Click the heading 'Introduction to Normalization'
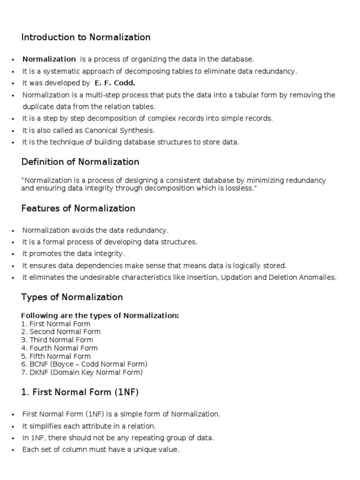click(86, 37)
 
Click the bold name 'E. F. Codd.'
click(114, 83)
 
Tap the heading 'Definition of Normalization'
click(80, 162)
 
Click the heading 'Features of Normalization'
click(78, 209)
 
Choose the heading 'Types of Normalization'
click(72, 297)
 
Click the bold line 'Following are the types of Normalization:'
click(100, 315)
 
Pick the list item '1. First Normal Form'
click(56, 324)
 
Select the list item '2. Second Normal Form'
click(61, 332)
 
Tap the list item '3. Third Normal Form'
click(57, 340)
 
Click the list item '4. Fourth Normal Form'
click(60, 348)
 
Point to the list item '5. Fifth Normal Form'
click(56, 356)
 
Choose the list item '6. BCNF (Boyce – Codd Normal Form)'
click(84, 364)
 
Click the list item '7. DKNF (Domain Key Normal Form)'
click(82, 373)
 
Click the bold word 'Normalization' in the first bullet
click(49, 59)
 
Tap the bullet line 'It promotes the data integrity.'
click(74, 254)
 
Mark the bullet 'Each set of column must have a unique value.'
click(101, 450)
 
